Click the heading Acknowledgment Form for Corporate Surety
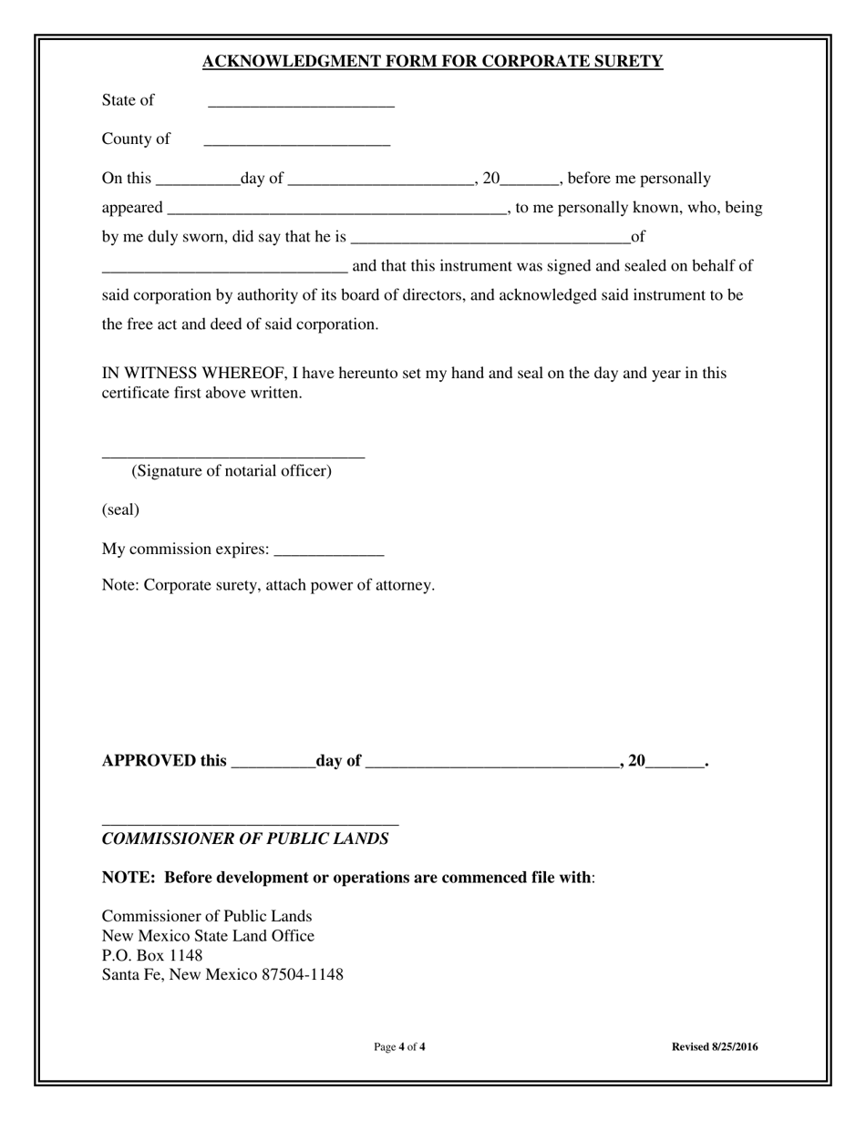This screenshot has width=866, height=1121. (432, 62)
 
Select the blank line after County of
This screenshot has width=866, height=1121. (296, 142)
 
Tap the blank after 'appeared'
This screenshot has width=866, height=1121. (336, 210)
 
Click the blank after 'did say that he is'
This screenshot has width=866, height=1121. (490, 239)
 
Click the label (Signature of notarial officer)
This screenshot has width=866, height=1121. (232, 471)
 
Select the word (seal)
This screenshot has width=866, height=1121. (120, 509)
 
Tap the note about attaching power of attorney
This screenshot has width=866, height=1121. (268, 585)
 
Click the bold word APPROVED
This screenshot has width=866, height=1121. (149, 761)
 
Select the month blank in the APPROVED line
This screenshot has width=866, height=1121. (492, 764)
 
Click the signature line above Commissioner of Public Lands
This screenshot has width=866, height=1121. (250, 823)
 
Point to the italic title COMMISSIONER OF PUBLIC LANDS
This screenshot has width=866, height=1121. (245, 839)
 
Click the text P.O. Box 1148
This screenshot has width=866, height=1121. (152, 955)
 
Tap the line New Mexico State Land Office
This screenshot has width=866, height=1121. (208, 936)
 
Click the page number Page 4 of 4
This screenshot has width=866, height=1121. (399, 1047)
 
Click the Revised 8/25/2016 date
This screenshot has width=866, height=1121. (715, 1047)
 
